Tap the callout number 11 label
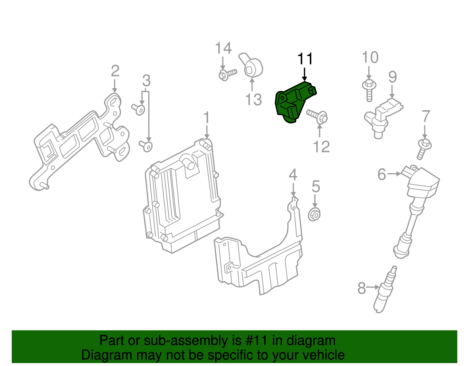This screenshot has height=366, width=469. [x=305, y=59]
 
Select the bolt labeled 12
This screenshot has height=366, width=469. [x=318, y=116]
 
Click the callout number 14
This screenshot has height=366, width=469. [x=223, y=48]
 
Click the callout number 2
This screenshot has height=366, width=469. [x=115, y=71]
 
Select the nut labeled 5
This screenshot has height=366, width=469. [x=315, y=214]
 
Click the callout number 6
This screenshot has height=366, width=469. [x=382, y=175]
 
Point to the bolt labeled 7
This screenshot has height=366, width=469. [x=424, y=148]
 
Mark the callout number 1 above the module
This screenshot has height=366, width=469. [x=207, y=118]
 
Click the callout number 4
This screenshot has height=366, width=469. [x=293, y=175]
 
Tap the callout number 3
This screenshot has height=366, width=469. [x=146, y=81]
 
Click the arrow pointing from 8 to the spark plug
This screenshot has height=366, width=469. [x=373, y=287]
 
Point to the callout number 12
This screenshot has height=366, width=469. [x=321, y=147]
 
